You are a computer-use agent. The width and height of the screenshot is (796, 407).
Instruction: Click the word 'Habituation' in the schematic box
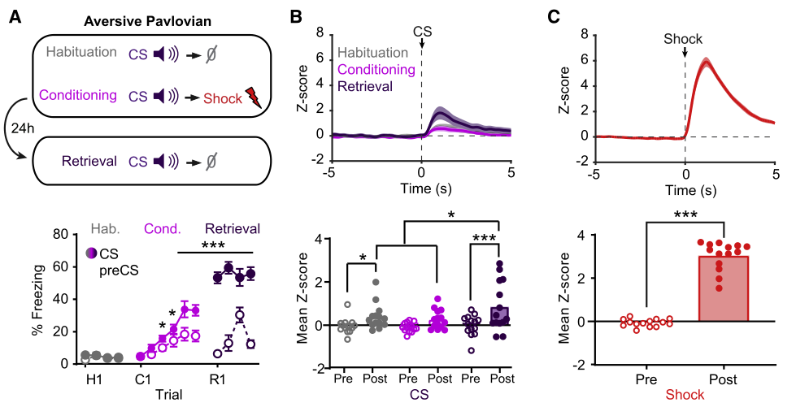(83, 54)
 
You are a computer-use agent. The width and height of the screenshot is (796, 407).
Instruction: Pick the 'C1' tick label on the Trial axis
(141, 377)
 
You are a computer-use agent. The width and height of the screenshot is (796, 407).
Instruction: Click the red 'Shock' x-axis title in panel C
(685, 396)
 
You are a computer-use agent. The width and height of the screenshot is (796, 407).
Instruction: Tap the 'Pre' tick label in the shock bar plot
(647, 378)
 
